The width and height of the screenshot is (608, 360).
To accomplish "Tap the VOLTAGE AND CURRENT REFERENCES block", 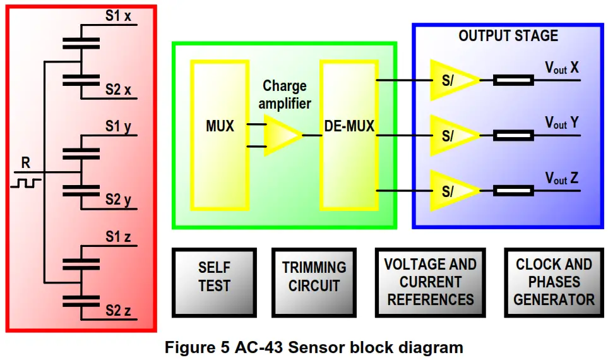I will [x=431, y=282].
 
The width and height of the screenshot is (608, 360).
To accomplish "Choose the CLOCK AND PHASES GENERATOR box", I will [x=554, y=282].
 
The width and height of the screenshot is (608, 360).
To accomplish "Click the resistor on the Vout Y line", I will [x=513, y=135].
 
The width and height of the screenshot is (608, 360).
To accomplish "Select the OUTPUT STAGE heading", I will [x=508, y=36].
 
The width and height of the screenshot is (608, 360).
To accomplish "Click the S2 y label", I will [x=118, y=200].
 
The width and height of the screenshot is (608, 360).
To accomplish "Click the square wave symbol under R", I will [x=25, y=183].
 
